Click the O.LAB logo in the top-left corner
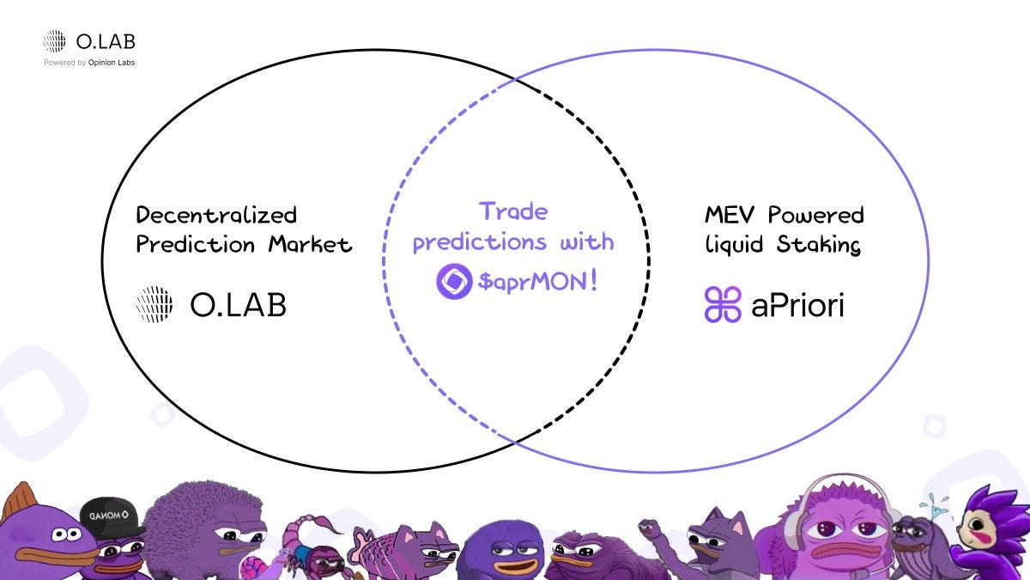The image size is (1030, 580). click(89, 41)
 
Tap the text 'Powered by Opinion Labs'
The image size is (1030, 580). click(89, 63)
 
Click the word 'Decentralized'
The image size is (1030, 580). click(216, 215)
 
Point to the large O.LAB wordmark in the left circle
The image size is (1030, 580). click(237, 305)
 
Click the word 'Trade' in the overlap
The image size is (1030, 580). click(513, 211)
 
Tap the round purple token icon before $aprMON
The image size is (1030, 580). click(454, 281)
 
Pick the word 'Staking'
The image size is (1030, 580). click(819, 244)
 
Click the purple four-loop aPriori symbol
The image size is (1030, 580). click(723, 304)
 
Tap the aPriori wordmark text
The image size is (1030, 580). click(797, 305)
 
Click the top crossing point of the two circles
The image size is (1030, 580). click(515, 81)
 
